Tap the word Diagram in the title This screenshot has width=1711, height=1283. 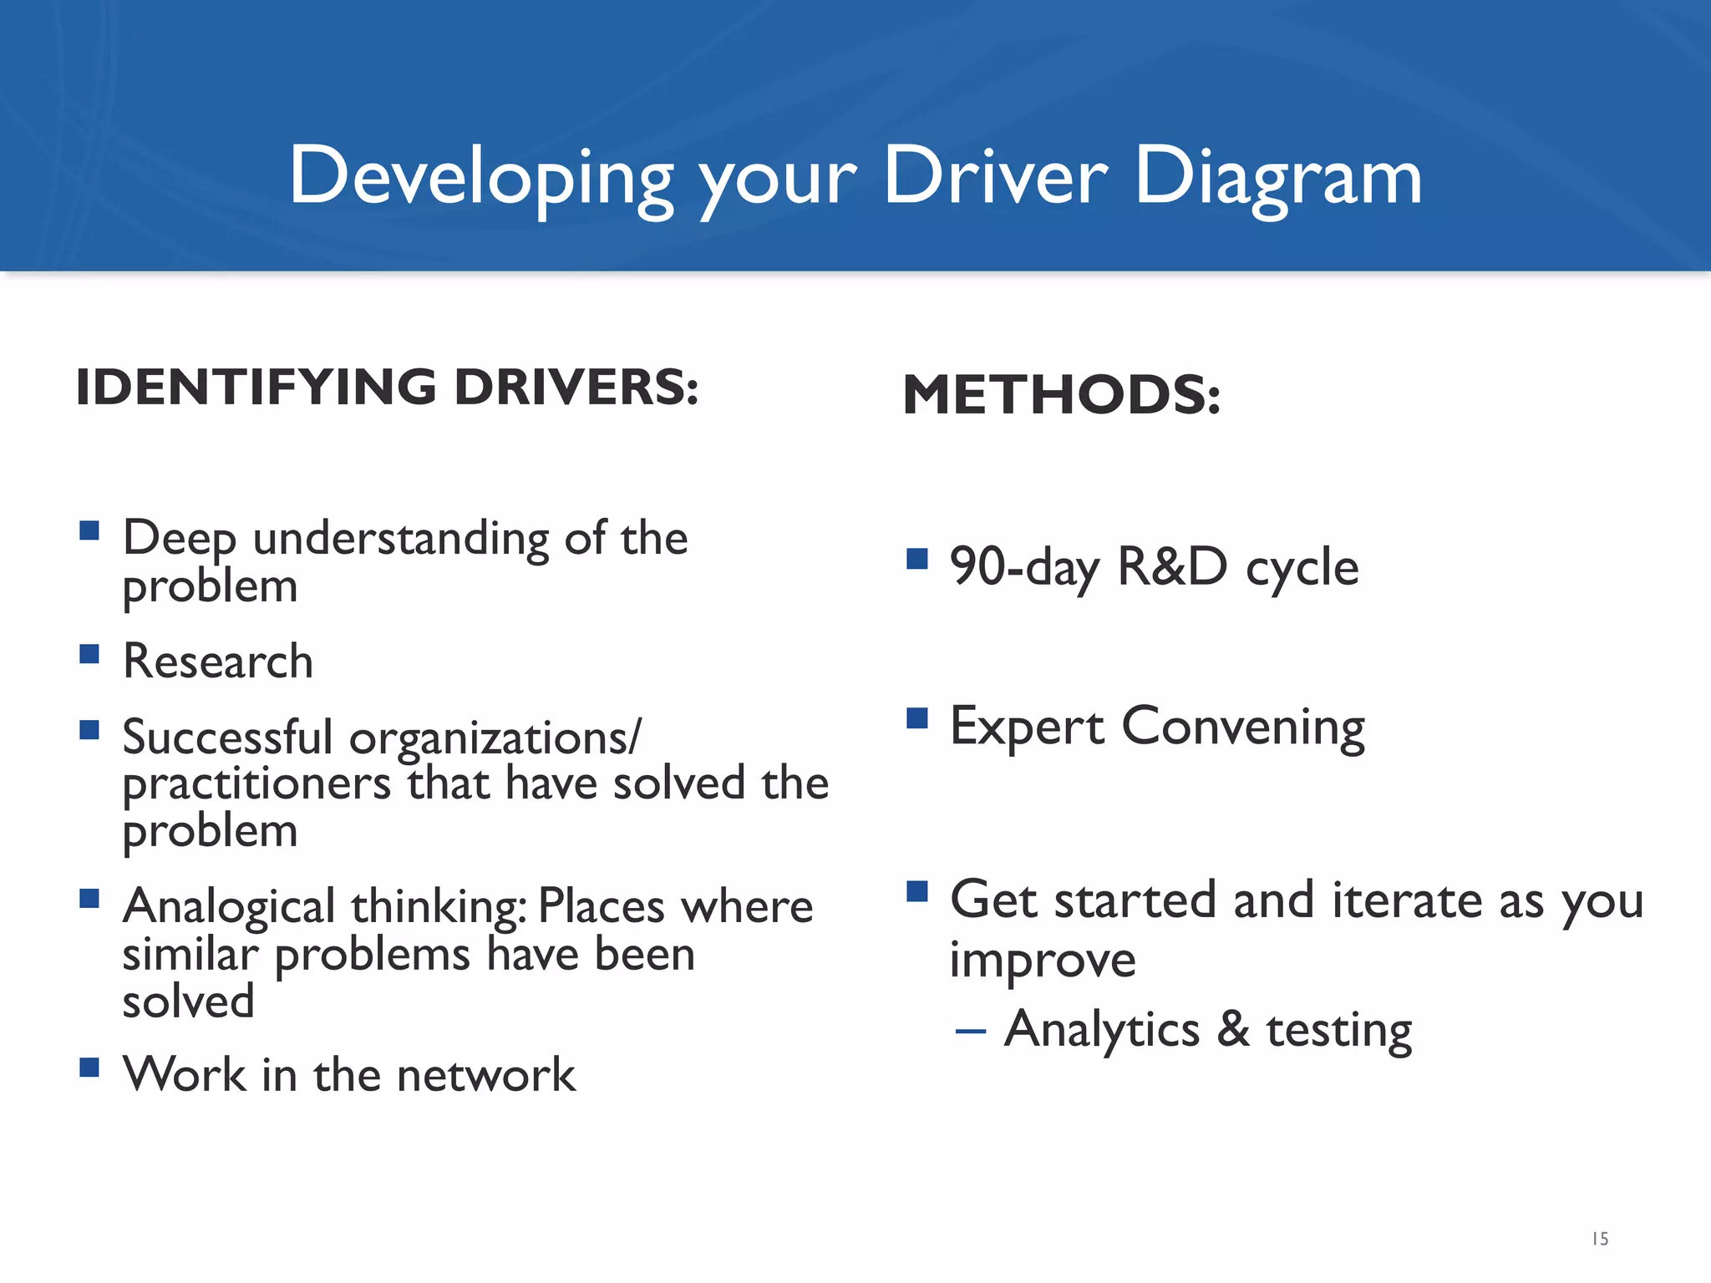pos(1277,177)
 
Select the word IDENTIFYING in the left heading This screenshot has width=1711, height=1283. pos(256,388)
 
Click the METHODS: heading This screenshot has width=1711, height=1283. pos(1061,394)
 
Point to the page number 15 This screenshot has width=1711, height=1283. pos(1600,1239)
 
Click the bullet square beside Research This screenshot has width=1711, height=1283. pos(89,653)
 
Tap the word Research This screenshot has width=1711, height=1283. pos(218,662)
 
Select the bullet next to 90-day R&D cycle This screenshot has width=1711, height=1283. pos(916,558)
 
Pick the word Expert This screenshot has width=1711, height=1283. pos(1027,726)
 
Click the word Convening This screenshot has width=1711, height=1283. pos(1242,727)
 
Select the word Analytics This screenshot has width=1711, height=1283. pos(1102,1030)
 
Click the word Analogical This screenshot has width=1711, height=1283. pos(230,908)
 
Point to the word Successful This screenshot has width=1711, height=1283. pos(227,738)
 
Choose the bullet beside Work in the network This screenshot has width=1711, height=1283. pos(89,1067)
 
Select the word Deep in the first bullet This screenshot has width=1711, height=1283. pos(180,539)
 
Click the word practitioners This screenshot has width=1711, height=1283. pos(256,785)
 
